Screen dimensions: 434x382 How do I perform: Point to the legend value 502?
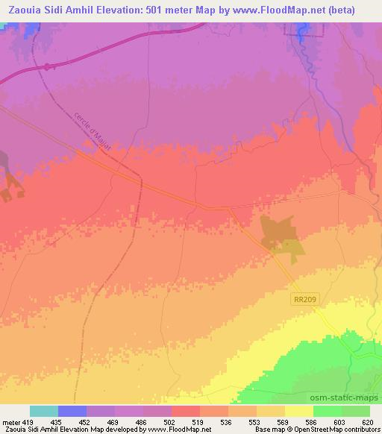158,422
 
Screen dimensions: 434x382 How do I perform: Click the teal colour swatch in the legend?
44,411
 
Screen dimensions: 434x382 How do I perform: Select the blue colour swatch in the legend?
72,411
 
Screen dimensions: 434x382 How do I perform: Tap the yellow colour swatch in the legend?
299,411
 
